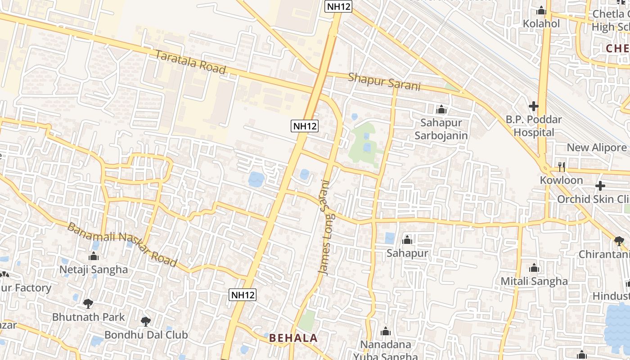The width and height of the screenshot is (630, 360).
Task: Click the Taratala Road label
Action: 190,62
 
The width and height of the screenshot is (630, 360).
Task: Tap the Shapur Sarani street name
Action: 384,81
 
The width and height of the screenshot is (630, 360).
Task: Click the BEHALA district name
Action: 293,338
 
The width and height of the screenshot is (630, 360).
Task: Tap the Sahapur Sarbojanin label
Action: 441,129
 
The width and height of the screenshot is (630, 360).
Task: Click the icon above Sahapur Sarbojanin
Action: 441,109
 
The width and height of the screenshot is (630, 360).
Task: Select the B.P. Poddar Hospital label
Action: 534,126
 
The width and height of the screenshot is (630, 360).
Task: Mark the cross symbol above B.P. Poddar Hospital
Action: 534,106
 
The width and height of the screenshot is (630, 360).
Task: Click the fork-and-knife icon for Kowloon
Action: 561,166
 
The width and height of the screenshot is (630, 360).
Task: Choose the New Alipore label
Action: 596,148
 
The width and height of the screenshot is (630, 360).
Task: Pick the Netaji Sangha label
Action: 94,270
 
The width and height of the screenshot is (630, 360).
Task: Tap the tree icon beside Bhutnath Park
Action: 88,303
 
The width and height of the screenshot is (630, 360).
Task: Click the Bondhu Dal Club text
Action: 146,335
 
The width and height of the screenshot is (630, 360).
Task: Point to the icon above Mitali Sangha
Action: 534,268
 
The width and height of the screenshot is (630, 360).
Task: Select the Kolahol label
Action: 541,23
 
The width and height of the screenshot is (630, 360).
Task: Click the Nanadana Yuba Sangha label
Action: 386,350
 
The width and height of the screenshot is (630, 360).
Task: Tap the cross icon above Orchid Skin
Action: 600,185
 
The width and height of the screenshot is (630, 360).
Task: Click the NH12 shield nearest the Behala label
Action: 243,295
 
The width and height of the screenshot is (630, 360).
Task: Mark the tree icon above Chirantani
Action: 619,241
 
